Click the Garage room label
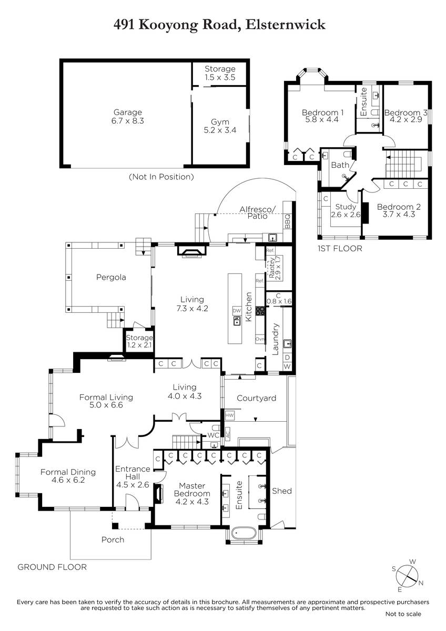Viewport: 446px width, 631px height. [127, 112]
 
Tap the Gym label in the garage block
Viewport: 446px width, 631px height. [220, 122]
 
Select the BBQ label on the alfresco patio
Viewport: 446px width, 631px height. [287, 221]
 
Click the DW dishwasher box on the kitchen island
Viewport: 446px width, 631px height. [237, 311]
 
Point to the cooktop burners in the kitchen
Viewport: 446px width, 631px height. [260, 311]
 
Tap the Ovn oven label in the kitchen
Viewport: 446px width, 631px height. [260, 339]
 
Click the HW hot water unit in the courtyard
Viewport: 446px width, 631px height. [230, 415]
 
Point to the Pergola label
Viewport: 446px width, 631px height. [111, 278]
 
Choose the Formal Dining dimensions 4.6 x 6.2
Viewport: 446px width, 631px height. [68, 480]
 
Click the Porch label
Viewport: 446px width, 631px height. [113, 540]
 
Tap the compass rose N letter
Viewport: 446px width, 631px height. [421, 583]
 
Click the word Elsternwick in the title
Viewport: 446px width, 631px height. [286, 25]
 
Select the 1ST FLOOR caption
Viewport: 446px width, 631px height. [340, 248]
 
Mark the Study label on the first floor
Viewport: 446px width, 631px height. [346, 207]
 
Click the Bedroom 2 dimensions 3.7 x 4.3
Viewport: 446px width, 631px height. [399, 215]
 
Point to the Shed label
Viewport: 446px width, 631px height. [282, 491]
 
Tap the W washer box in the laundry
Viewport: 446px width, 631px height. [287, 367]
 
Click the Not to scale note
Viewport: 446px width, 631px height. [403, 614]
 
